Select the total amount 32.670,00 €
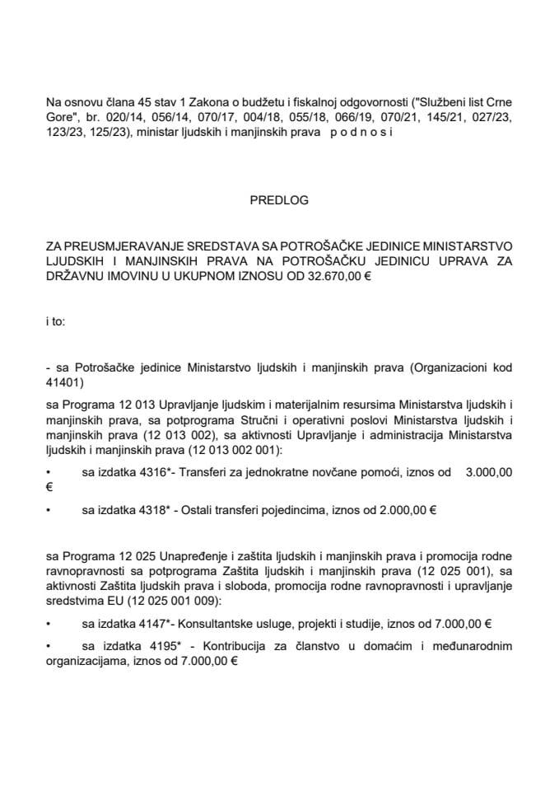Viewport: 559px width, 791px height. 336,277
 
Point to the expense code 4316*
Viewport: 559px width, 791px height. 152,472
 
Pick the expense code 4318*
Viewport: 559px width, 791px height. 152,510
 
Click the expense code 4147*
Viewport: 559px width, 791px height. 152,624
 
